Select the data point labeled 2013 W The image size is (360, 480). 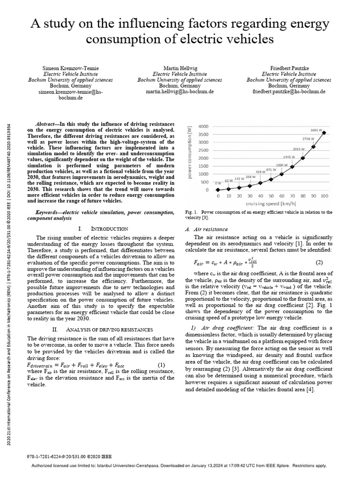point(303,158)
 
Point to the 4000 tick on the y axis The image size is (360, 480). point(204,127)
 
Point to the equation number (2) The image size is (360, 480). point(319,262)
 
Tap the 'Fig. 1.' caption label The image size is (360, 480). point(191,212)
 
